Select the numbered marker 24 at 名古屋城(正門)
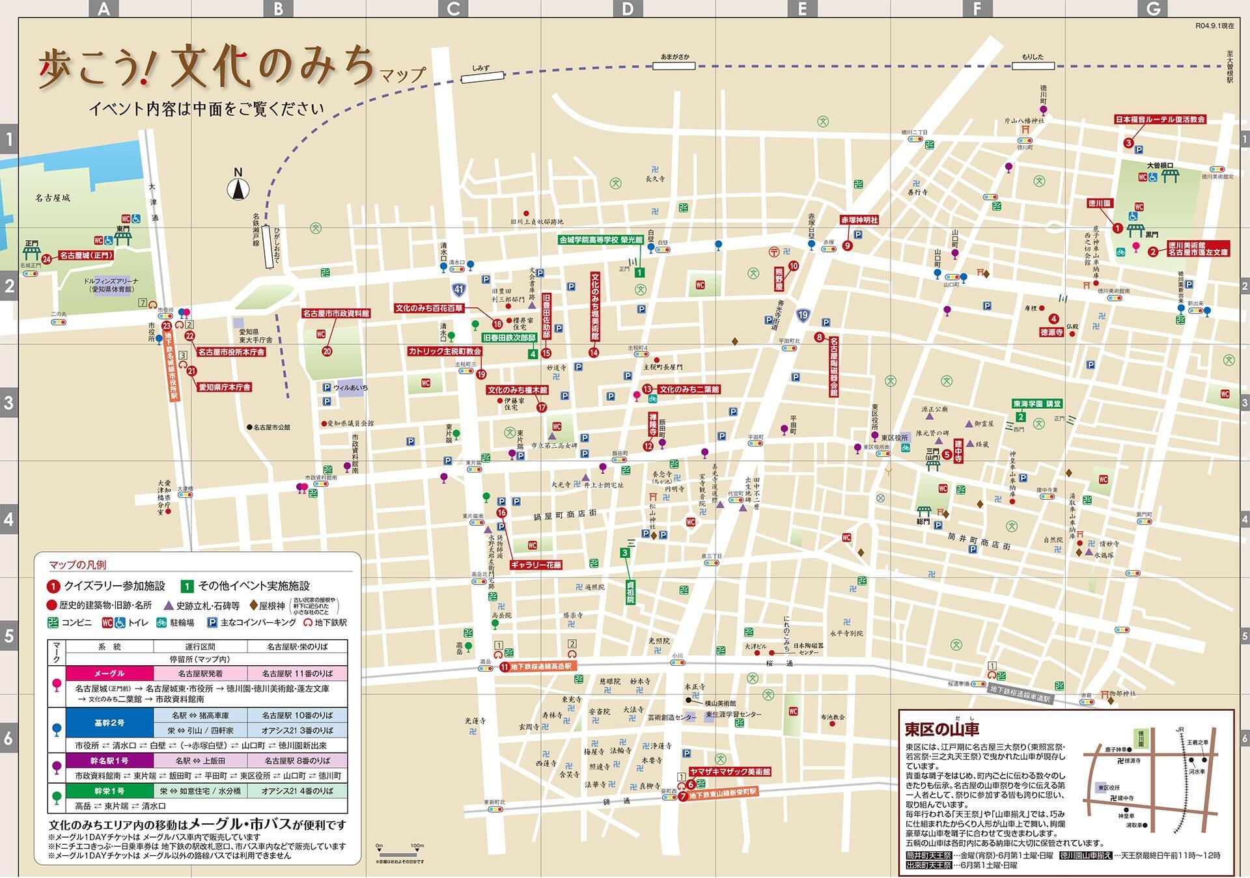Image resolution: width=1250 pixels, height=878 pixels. pyautogui.click(x=46, y=259)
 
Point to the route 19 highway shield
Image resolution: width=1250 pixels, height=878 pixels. pyautogui.click(x=803, y=316)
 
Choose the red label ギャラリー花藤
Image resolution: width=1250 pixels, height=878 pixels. pyautogui.click(x=536, y=565)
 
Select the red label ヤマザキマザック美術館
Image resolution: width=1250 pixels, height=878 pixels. pyautogui.click(x=730, y=771)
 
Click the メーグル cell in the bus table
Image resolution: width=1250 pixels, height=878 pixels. pyautogui.click(x=109, y=673)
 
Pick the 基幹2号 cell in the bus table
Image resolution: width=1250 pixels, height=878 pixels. pyautogui.click(x=109, y=722)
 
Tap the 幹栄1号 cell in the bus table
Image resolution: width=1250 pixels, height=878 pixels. pyautogui.click(x=109, y=790)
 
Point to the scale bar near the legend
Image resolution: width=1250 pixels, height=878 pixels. pyautogui.click(x=399, y=853)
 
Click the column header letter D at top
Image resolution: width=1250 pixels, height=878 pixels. pyautogui.click(x=628, y=8)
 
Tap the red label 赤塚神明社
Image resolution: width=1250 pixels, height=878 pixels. pyautogui.click(x=859, y=220)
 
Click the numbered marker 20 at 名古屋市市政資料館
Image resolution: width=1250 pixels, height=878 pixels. pyautogui.click(x=327, y=351)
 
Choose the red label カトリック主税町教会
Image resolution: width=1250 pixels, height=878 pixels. pyautogui.click(x=445, y=351)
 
